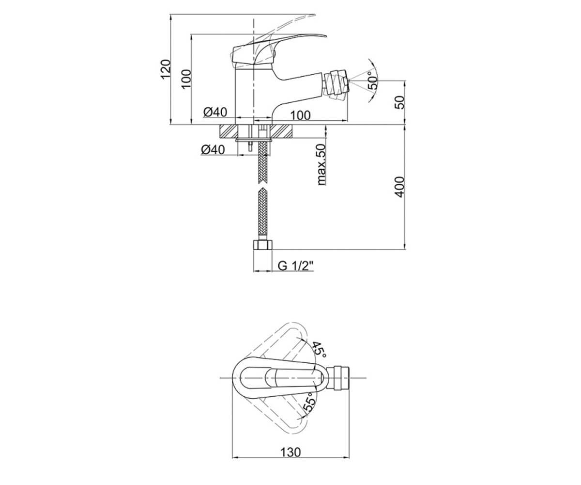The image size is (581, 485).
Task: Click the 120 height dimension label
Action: tap(166, 69)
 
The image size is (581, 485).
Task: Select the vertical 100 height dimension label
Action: tap(187, 79)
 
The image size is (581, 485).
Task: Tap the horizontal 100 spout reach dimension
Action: tap(300, 115)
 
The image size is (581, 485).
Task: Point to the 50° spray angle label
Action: tap(373, 81)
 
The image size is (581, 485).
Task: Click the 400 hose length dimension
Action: tap(399, 187)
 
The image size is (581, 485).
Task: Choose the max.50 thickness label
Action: tap(321, 164)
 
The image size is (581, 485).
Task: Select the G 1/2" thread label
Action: tap(295, 266)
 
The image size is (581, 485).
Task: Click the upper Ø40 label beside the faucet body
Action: tap(215, 112)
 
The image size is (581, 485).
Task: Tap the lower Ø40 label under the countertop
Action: tap(213, 150)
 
